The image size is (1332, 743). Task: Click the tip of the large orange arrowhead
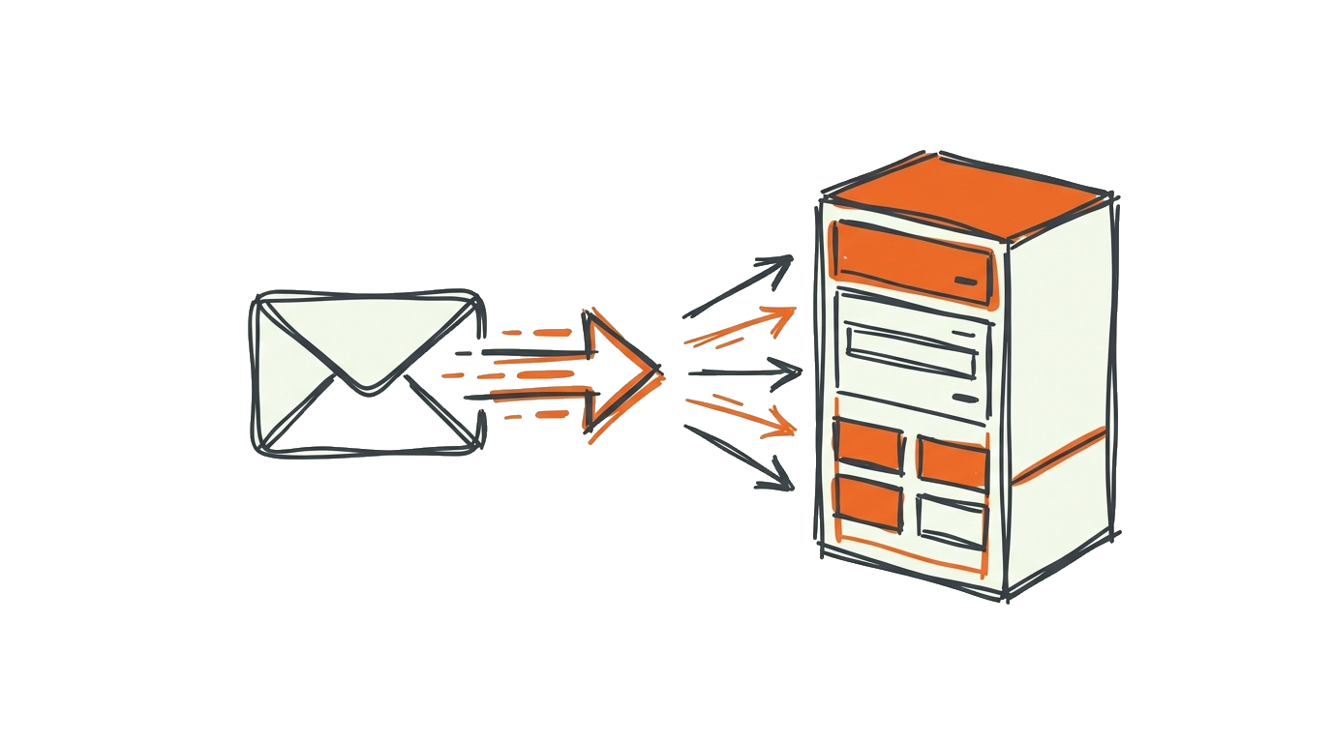coord(659,369)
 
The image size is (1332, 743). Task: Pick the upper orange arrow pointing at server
coord(741,327)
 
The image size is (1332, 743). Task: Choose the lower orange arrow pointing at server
coord(741,413)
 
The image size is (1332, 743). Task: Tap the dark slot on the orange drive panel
coord(965,281)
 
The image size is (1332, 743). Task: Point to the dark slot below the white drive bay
coord(965,398)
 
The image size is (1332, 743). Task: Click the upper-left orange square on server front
coord(867,445)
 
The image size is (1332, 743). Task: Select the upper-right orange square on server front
coord(952,462)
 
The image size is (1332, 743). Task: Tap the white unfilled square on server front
coord(951,520)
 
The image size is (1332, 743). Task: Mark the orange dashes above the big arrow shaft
coord(538,332)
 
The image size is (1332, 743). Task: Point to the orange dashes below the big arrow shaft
coord(538,414)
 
